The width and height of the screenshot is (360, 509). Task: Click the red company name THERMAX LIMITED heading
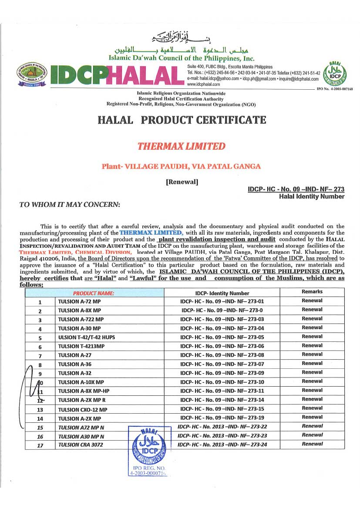click(181, 146)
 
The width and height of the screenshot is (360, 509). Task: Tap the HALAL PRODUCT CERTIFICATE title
click(182, 120)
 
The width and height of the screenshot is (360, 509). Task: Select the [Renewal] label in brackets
click(182, 182)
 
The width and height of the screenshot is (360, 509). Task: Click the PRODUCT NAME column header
click(94, 293)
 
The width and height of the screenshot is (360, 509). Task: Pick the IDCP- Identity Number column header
click(222, 293)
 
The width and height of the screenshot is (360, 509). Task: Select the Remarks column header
click(312, 292)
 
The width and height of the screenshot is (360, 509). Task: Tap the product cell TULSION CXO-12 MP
click(83, 410)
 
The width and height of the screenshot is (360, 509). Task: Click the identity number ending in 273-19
click(222, 418)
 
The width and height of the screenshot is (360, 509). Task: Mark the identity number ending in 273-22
click(222, 427)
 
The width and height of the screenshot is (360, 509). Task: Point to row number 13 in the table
click(40, 410)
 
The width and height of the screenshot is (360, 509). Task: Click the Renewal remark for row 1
click(312, 301)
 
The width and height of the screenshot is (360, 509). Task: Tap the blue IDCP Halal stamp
click(148, 448)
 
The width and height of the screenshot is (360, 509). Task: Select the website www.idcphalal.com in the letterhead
click(203, 84)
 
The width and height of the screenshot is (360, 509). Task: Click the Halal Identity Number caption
click(312, 196)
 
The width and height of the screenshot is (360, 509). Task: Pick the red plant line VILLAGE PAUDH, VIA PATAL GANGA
click(181, 166)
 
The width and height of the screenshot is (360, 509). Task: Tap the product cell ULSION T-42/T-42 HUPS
click(87, 337)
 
